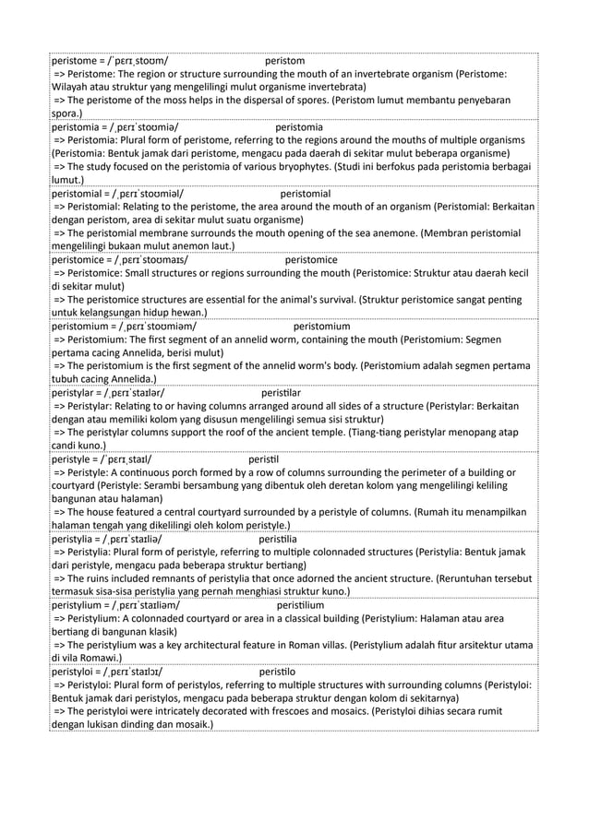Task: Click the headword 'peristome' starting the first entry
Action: click(77, 60)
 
